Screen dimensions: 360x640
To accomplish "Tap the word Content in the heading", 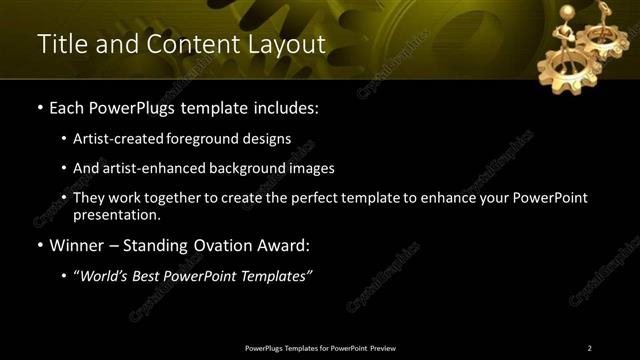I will [186, 45].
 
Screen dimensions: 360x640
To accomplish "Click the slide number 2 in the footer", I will [589, 348].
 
